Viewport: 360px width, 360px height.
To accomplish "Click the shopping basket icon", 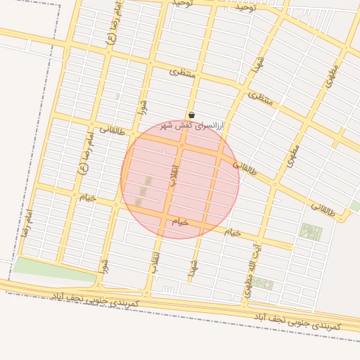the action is (191, 115).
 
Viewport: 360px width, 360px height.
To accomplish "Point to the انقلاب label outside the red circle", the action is (155, 262).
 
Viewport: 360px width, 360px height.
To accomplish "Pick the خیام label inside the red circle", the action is (181, 221).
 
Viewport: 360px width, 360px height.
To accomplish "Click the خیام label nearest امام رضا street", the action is (87, 198).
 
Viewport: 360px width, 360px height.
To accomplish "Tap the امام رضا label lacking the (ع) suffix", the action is (26, 222).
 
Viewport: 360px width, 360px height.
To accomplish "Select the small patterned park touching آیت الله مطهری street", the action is (263, 283).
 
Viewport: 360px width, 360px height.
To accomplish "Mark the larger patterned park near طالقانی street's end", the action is (309, 232).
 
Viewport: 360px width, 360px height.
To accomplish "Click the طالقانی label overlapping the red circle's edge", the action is (245, 167).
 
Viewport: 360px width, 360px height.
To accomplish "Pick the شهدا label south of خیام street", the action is (193, 266).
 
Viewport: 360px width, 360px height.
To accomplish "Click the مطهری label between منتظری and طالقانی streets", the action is (292, 155).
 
